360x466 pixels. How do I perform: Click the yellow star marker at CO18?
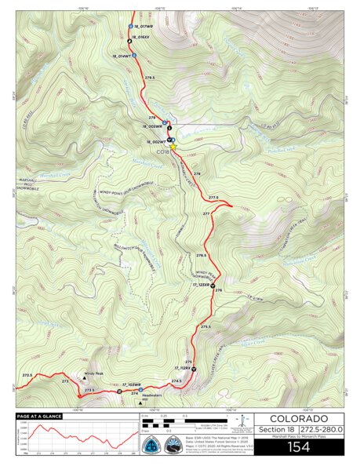(173, 147)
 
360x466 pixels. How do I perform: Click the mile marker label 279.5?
(150, 78)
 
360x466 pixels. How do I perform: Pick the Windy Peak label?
(94, 373)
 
